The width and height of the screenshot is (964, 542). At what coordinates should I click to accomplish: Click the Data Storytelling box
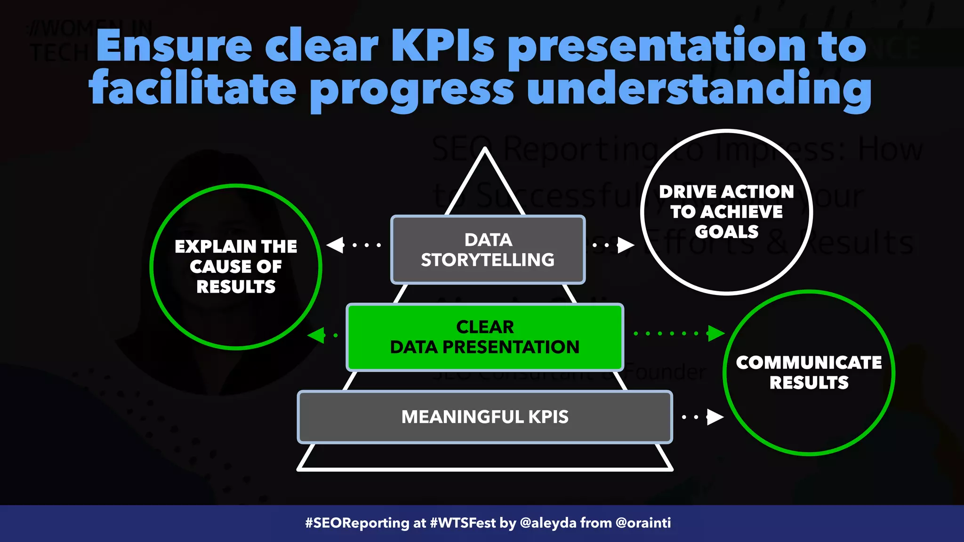(x=488, y=250)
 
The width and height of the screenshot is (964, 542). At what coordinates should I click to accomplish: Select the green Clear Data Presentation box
(x=485, y=337)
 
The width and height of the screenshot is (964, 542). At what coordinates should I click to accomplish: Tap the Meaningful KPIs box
(x=485, y=417)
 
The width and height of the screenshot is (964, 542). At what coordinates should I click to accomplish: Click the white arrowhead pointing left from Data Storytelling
(x=336, y=245)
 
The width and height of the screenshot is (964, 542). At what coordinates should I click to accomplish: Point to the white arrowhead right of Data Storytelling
(x=626, y=245)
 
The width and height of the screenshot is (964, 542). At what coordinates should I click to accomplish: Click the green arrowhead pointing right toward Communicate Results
(x=716, y=333)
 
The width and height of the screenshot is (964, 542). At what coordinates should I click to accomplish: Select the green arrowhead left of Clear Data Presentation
(x=316, y=335)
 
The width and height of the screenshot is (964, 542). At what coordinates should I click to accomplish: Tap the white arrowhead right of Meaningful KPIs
(x=715, y=416)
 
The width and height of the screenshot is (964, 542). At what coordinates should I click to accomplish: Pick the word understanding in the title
(x=699, y=89)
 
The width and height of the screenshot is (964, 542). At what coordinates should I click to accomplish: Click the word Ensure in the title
(x=174, y=46)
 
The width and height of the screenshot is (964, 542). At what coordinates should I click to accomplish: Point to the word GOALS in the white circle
(x=726, y=232)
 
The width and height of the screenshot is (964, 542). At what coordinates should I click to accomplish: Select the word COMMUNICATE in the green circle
(x=809, y=362)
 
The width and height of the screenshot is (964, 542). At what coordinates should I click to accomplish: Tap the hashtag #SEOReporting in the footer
(x=357, y=523)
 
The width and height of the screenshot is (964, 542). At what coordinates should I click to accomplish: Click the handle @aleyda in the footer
(x=548, y=523)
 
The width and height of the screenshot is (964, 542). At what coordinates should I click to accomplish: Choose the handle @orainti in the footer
(x=643, y=523)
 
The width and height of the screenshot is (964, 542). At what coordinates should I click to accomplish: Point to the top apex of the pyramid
(x=485, y=150)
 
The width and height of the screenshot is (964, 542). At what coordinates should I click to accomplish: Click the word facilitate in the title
(x=193, y=89)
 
